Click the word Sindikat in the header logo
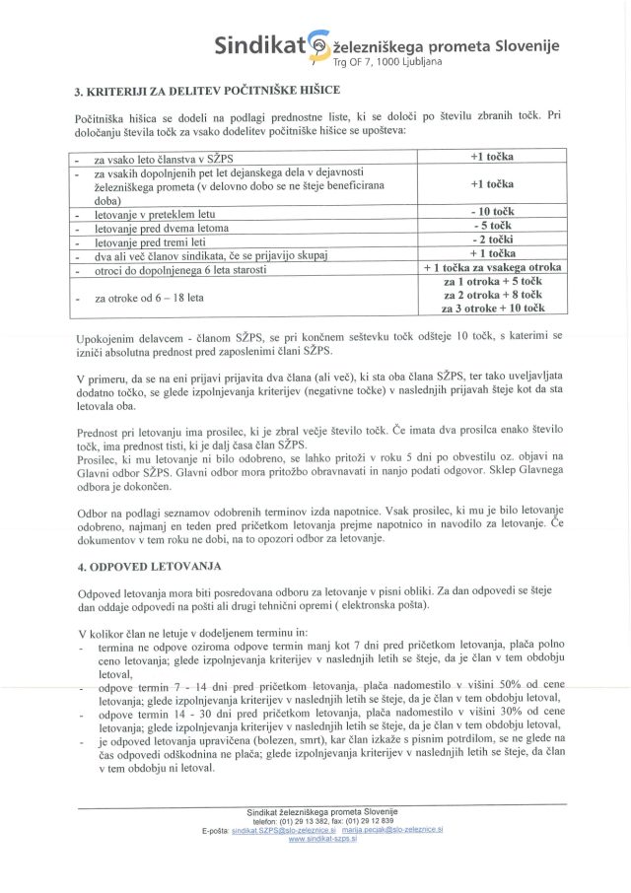coord(260,45)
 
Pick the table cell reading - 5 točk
coord(492,226)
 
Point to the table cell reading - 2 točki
coord(492,240)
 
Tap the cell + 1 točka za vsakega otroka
coord(492,267)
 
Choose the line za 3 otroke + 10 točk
coord(492,309)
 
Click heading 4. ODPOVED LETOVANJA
coord(151,567)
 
